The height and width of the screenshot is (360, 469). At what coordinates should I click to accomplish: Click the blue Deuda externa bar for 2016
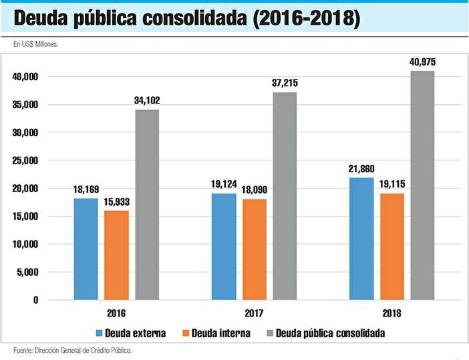coord(86,248)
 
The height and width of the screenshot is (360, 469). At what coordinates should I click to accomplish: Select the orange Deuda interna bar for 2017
coord(253,248)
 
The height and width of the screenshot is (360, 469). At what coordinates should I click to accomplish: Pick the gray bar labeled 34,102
coord(147,204)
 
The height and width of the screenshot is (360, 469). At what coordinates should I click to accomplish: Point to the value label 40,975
coord(422,62)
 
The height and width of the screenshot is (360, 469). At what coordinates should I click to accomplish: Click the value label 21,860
coord(361,169)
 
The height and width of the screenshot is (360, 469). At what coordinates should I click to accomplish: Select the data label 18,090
coord(254,190)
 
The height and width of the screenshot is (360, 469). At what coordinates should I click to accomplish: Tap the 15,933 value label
coord(116,202)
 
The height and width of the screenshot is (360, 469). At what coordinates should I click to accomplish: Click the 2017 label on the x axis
coord(254,313)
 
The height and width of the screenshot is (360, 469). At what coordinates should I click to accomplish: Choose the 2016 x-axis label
coord(116,313)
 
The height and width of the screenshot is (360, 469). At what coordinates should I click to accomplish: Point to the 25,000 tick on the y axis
coord(25,160)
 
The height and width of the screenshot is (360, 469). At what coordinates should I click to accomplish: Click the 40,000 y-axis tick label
coord(25,77)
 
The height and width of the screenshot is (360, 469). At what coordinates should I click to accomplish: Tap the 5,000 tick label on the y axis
coord(28,272)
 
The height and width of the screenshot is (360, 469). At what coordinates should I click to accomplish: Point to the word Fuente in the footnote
coord(24,350)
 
